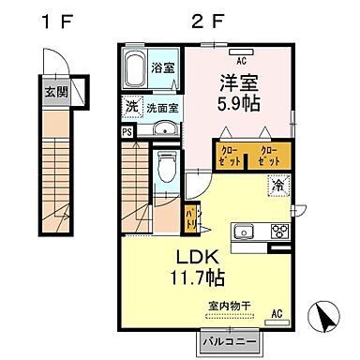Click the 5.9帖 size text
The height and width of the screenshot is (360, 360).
[x=240, y=102]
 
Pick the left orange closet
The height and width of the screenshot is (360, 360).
[x=229, y=156]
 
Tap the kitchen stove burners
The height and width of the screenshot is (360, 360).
[x=278, y=231]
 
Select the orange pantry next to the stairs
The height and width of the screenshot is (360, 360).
[x=190, y=218]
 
